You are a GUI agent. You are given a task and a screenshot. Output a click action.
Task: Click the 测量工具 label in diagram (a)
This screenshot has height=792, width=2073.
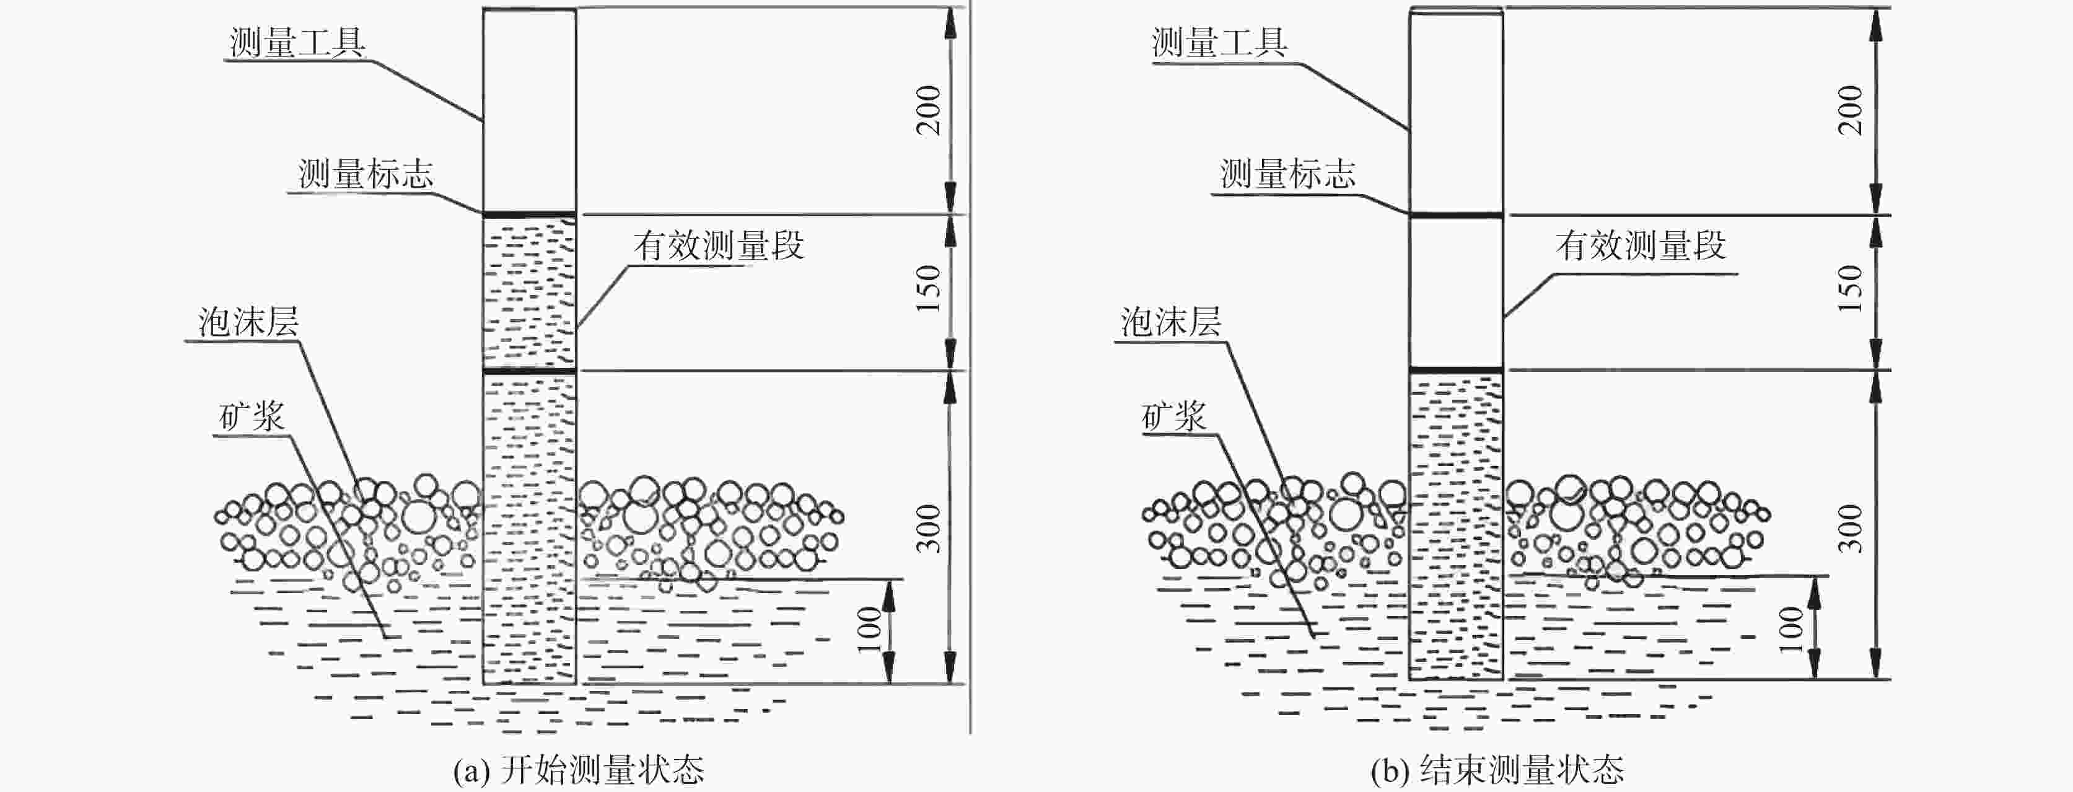297,43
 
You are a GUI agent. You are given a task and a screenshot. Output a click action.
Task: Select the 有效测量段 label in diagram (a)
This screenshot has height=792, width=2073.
719,245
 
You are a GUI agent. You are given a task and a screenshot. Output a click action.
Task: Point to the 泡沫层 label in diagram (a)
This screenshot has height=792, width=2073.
248,322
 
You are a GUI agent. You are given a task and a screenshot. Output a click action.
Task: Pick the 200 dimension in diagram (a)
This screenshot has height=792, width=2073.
929,110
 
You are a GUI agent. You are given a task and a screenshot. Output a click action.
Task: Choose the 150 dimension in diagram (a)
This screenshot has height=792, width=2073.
929,288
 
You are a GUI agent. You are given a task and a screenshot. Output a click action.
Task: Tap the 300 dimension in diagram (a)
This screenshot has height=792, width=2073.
929,528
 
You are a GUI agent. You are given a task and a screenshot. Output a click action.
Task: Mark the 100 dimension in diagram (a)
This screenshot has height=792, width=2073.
869,630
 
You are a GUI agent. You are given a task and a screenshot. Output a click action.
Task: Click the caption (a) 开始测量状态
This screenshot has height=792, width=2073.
578,770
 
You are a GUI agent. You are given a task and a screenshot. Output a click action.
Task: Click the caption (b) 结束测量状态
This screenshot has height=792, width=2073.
1497,770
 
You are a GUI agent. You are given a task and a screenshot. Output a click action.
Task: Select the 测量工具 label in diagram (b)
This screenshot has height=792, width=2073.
1219,43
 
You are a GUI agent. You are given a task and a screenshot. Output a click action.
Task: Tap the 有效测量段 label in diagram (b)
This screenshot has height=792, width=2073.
1641,245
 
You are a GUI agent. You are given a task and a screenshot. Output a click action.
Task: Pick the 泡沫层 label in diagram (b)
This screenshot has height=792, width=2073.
1171,322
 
